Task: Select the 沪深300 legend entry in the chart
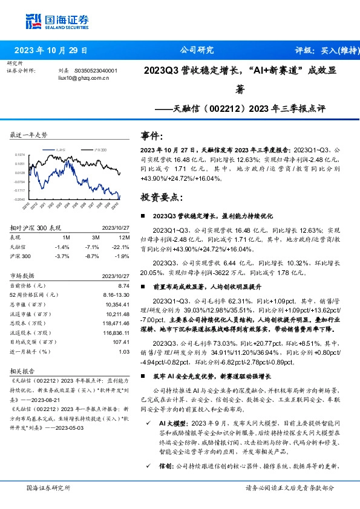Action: [100, 148]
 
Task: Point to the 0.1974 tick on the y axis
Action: [19, 154]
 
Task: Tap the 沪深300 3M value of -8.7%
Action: [92, 256]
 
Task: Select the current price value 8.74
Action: [124, 285]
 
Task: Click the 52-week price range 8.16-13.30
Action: [115, 294]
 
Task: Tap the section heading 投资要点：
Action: [160, 197]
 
